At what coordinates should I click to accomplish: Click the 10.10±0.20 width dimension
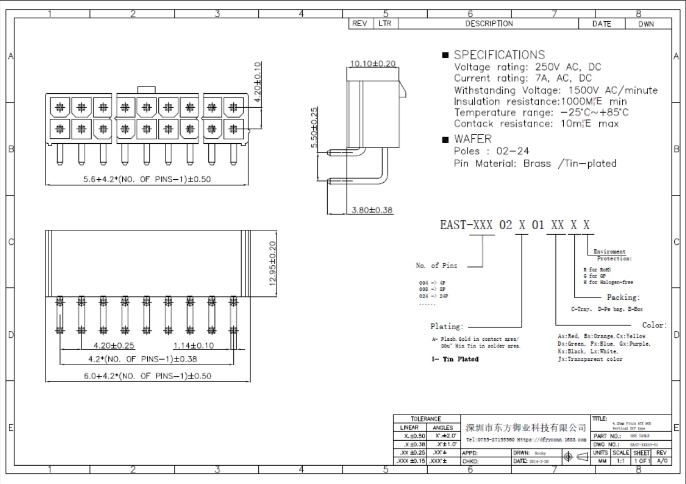[x=372, y=64]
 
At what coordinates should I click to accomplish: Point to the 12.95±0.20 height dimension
[x=272, y=262]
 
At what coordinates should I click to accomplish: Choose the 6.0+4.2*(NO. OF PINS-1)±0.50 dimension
[x=147, y=376]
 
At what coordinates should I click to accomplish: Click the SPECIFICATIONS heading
[x=499, y=55]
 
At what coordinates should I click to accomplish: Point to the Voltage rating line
[x=527, y=67]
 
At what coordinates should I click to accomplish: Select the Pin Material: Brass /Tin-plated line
[x=534, y=164]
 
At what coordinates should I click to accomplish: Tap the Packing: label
[x=623, y=298]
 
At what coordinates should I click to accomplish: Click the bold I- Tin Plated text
[x=455, y=359]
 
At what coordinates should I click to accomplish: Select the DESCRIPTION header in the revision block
[x=489, y=24]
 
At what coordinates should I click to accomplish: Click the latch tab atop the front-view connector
[x=147, y=90]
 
